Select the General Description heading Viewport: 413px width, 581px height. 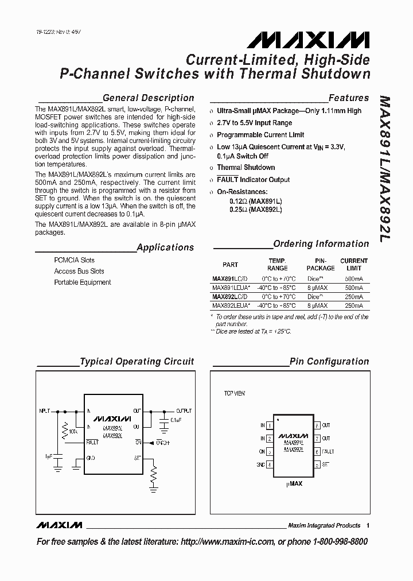click(148, 98)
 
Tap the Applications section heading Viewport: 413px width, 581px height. click(165, 247)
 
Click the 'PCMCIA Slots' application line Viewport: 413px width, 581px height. click(75, 260)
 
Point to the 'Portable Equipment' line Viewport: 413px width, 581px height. click(83, 282)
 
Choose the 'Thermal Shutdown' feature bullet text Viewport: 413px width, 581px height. click(246, 168)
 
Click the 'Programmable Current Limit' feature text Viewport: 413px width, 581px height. click(260, 135)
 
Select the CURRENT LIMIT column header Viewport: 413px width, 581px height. click(354, 264)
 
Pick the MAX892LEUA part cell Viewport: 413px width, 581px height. click(231, 306)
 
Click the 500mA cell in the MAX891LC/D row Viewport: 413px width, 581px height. click(354, 279)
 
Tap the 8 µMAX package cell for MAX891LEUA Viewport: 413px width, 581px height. click(317, 288)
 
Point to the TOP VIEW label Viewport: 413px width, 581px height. click(234, 394)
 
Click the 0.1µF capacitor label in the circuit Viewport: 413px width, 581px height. click(176, 421)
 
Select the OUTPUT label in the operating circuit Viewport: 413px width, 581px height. click(184, 411)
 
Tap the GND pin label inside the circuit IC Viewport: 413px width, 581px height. click(91, 458)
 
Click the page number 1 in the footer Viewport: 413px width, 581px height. click(368, 525)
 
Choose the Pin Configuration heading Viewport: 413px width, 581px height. click(329, 361)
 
